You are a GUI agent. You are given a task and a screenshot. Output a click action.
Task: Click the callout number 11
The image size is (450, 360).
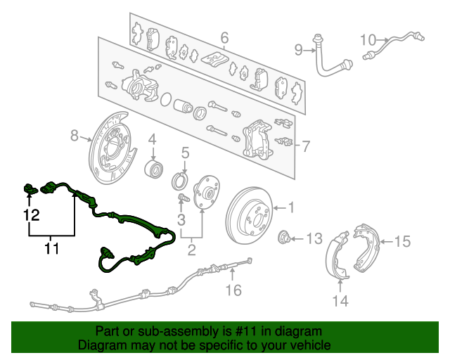click(52, 249)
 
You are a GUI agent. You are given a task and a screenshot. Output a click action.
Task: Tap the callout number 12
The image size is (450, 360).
click(31, 214)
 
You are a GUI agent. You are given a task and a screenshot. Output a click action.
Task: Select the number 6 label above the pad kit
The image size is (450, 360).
click(224, 37)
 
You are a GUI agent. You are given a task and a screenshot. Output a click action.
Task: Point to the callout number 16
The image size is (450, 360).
click(233, 290)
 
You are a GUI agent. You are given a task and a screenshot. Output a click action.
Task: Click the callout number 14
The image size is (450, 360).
click(340, 301)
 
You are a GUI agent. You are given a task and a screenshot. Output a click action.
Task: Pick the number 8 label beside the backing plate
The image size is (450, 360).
click(75, 135)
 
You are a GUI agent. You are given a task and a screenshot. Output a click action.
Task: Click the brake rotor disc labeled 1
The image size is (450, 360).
click(249, 215)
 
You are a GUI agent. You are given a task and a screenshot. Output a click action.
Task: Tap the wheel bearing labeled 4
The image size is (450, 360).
click(153, 169)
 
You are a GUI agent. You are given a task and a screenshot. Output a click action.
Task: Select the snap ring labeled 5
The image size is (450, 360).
click(180, 181)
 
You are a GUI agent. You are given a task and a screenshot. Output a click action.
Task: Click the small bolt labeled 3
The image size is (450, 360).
click(184, 198)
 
